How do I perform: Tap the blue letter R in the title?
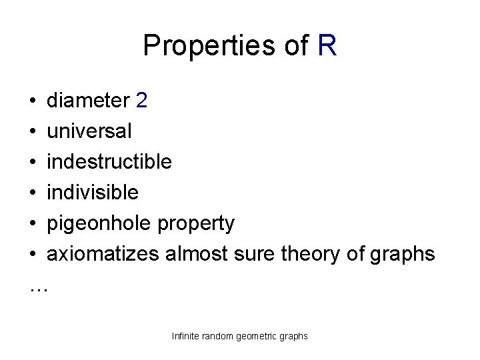[327, 45]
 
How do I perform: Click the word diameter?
[88, 101]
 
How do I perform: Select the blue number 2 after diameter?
[141, 101]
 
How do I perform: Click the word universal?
[89, 131]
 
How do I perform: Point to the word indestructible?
[109, 162]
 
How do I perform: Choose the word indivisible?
[93, 193]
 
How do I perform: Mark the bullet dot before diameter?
[33, 101]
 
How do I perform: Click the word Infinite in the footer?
[186, 336]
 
